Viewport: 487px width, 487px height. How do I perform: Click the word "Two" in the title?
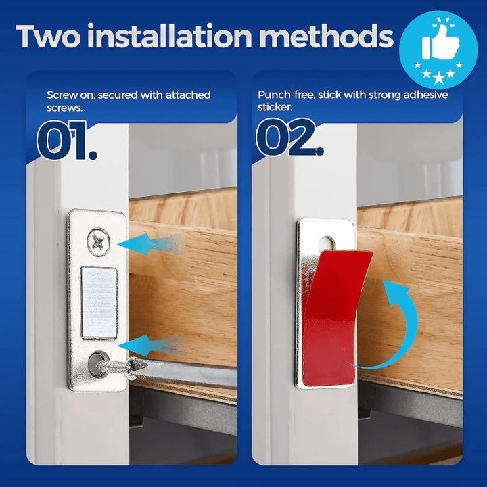point(48,36)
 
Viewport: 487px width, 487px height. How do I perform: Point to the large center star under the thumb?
point(438,78)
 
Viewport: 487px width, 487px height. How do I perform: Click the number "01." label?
point(67,141)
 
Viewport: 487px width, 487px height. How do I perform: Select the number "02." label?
point(289,137)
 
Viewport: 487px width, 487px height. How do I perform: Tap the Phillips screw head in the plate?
point(99,242)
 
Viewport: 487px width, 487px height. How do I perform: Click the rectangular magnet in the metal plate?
point(99,302)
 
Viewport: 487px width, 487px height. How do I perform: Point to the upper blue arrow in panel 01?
point(151,244)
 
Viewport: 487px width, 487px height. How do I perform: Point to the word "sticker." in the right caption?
point(275,107)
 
